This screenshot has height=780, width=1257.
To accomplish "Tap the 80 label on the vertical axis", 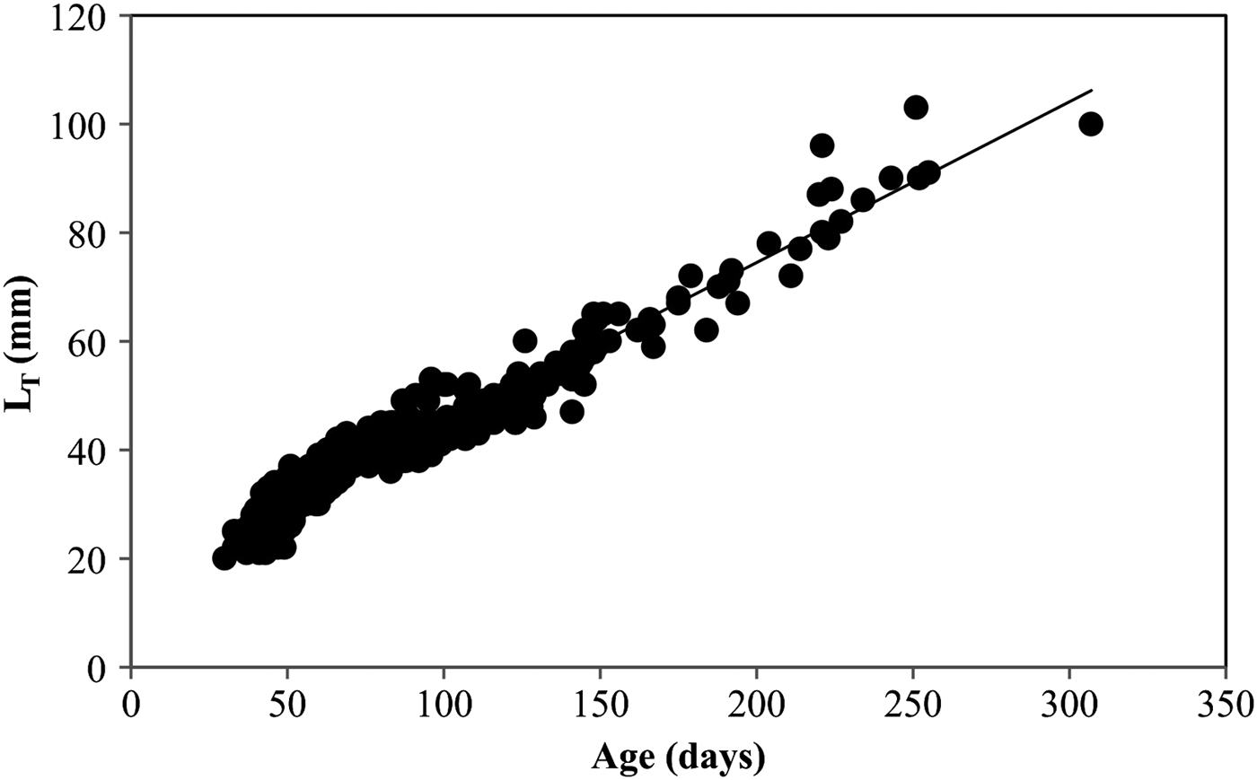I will [92, 233].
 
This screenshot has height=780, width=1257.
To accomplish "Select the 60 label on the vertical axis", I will [92, 342].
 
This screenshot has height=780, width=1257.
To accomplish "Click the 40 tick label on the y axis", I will [92, 451].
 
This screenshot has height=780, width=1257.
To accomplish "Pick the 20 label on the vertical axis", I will [92, 559].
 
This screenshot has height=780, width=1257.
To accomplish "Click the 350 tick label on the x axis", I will [1226, 700].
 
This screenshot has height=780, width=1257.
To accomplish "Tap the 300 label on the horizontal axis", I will [1069, 700].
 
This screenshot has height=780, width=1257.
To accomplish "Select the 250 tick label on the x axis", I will [913, 700].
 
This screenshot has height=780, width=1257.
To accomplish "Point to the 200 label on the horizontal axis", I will [757, 700].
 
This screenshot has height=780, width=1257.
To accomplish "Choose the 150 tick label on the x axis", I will [601, 700].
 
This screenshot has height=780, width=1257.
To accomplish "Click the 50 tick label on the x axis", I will [287, 700].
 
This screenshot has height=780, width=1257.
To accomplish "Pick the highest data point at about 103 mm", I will [916, 108].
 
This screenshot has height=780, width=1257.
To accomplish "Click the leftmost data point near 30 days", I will [224, 558].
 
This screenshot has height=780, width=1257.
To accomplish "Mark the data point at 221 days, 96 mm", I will [822, 145].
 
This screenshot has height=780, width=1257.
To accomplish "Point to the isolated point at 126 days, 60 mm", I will [525, 341].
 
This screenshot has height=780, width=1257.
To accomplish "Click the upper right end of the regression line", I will [1091, 90].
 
